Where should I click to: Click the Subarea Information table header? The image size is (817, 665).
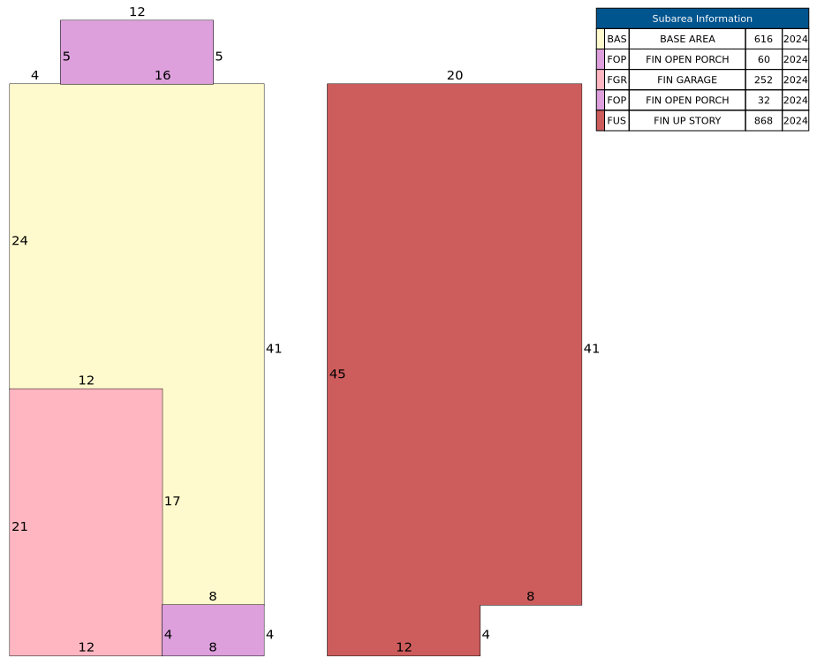point(702,19)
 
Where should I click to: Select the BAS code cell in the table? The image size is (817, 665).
point(617,39)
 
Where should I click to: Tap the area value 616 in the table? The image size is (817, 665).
point(763,39)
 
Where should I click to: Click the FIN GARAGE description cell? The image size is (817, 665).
point(687,79)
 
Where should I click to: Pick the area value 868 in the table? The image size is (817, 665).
point(763,120)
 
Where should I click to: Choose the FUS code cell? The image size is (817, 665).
point(617,120)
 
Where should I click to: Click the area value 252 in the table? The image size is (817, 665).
point(763,79)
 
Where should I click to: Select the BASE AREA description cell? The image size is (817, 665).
point(687,39)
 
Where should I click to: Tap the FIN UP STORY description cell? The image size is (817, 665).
point(687,120)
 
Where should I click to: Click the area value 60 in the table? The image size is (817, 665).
point(763,59)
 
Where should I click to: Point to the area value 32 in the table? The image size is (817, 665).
point(763,100)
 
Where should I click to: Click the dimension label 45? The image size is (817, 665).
point(337,374)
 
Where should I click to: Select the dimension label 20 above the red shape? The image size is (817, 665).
point(454,76)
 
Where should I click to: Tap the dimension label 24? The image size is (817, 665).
point(19,240)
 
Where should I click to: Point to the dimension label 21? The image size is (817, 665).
point(19,526)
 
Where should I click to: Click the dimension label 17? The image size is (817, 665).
point(172,501)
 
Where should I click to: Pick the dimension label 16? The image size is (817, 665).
point(163,76)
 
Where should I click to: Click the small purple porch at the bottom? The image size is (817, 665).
point(213,630)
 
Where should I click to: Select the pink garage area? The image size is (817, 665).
point(86,522)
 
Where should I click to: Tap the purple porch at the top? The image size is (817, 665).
point(137,52)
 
